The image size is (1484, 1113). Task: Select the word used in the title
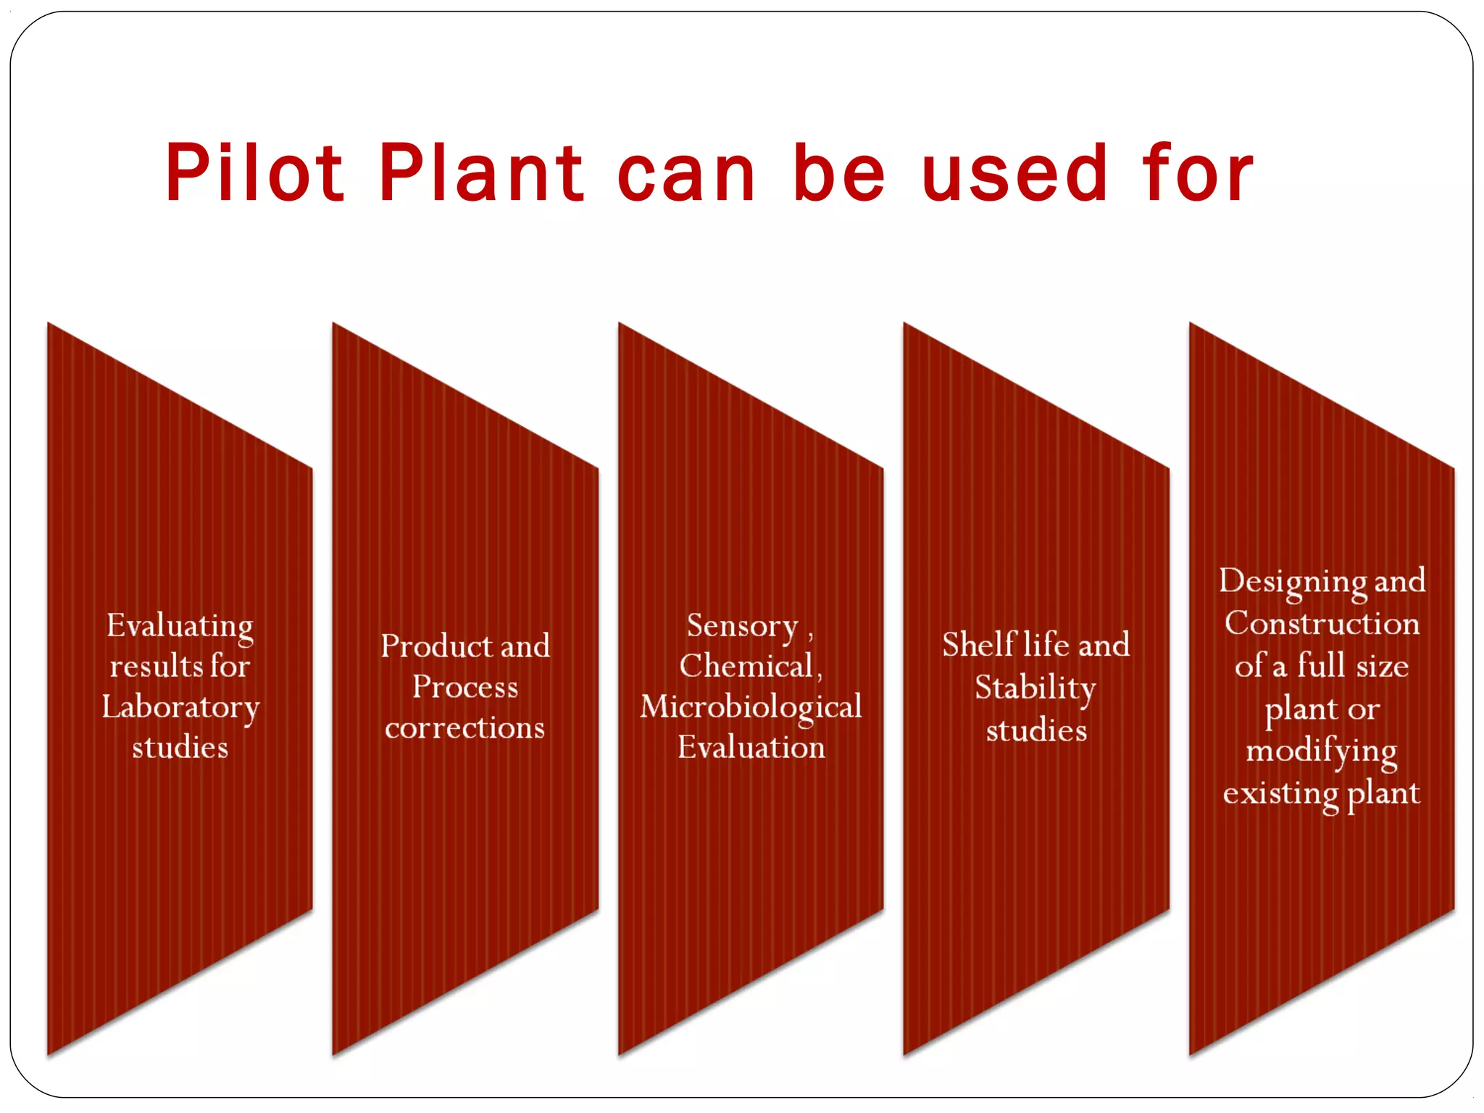pyautogui.click(x=1014, y=174)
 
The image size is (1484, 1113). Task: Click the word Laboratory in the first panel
pyautogui.click(x=180, y=707)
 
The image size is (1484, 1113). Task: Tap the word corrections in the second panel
pyautogui.click(x=464, y=728)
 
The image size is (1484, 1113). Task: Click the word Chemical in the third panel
pyautogui.click(x=746, y=666)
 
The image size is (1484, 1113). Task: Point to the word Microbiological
pyautogui.click(x=751, y=707)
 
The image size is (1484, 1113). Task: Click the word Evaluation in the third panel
pyautogui.click(x=751, y=747)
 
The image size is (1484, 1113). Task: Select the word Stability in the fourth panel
pyautogui.click(x=1035, y=688)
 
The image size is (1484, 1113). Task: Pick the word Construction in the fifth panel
pyautogui.click(x=1322, y=623)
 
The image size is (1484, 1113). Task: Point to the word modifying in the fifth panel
pyautogui.click(x=1322, y=751)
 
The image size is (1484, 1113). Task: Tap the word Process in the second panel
pyautogui.click(x=464, y=687)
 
